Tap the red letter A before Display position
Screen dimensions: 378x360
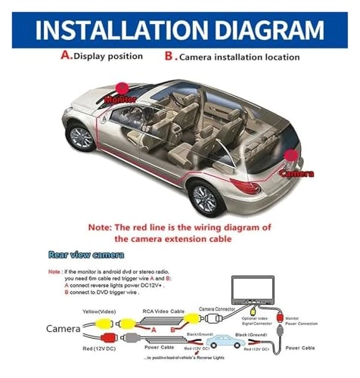(x=64, y=55)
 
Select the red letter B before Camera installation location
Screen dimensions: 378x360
(x=169, y=55)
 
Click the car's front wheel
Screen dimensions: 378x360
(x=80, y=136)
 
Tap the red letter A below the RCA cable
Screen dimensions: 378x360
(x=154, y=330)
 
